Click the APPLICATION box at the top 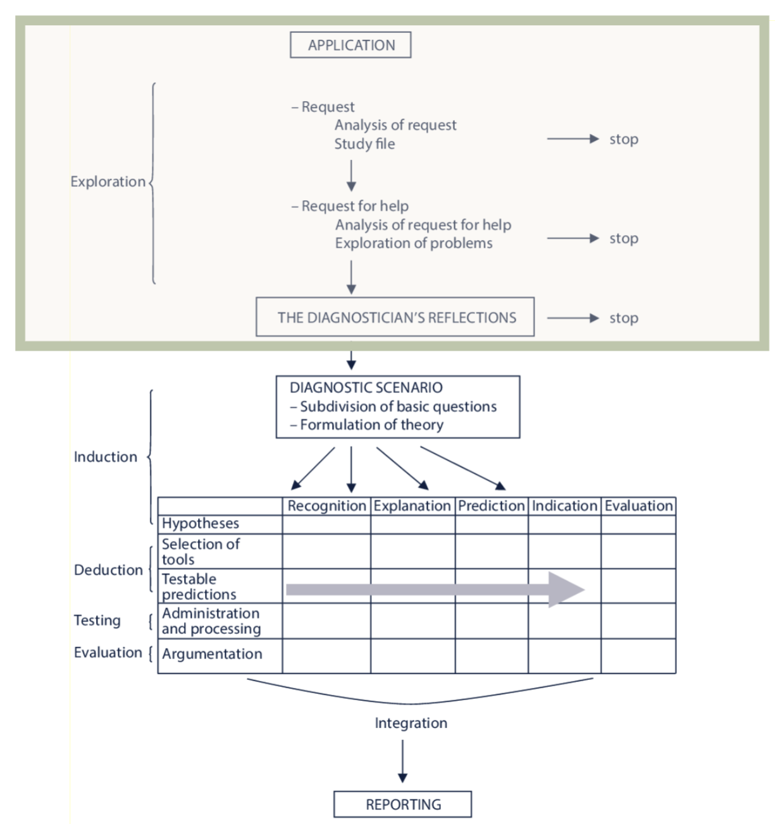(350, 45)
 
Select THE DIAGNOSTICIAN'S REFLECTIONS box (395, 317)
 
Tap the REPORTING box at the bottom (402, 804)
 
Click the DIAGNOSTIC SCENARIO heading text (366, 387)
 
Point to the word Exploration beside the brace (108, 182)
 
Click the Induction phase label (105, 457)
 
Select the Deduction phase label (108, 570)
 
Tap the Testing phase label (97, 621)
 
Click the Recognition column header (326, 506)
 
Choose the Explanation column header (412, 506)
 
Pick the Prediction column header (491, 506)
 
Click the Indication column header (564, 506)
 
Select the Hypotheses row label (201, 524)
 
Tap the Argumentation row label (212, 654)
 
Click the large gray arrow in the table (435, 590)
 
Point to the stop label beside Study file (624, 139)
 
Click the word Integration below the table (411, 723)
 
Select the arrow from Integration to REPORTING (402, 761)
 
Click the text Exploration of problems (414, 243)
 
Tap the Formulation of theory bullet (366, 425)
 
